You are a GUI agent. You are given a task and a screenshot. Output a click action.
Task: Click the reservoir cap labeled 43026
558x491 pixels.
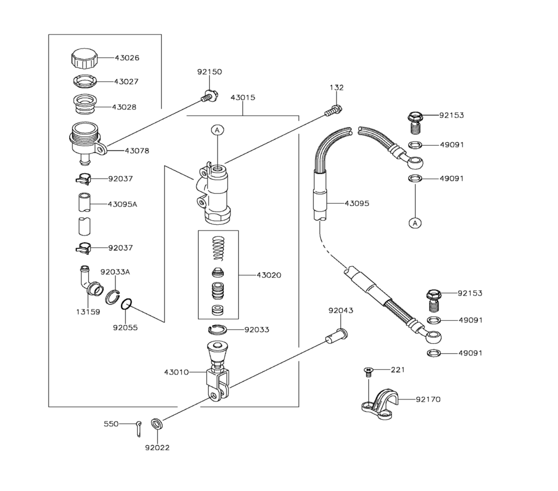click(x=84, y=59)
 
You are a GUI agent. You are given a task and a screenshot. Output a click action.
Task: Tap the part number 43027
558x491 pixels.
click(x=126, y=81)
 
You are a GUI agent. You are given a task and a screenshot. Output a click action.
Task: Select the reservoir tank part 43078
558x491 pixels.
click(x=86, y=143)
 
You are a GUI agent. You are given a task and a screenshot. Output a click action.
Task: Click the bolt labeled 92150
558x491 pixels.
click(x=209, y=97)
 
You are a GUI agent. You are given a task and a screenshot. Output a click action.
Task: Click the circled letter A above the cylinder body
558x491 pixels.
click(x=217, y=130)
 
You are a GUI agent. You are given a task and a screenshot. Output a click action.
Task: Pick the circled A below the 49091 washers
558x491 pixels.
click(x=415, y=223)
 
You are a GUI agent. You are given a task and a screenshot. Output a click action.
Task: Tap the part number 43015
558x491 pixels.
click(x=243, y=98)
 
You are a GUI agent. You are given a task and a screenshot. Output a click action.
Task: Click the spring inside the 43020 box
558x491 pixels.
click(x=218, y=249)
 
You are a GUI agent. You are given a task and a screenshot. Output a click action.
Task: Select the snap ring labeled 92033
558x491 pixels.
click(x=218, y=329)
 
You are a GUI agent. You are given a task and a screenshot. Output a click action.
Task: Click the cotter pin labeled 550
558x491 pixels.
click(x=139, y=429)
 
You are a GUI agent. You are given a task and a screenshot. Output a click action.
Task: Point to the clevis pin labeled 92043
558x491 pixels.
click(x=336, y=336)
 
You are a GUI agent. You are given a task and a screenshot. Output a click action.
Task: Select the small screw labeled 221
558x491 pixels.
click(x=368, y=372)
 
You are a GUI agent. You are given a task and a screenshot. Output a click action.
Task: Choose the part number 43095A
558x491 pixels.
click(x=122, y=204)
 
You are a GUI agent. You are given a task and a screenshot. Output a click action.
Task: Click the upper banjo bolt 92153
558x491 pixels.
click(x=415, y=123)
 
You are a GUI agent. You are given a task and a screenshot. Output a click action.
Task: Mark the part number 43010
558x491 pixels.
click(x=176, y=372)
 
